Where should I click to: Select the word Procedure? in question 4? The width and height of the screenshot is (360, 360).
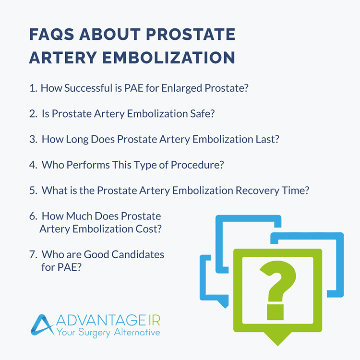(200, 165)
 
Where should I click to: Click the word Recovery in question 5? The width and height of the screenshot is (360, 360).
(257, 191)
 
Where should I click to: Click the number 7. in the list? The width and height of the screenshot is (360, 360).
(33, 254)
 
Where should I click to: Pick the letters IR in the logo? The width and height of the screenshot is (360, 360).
(152, 320)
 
